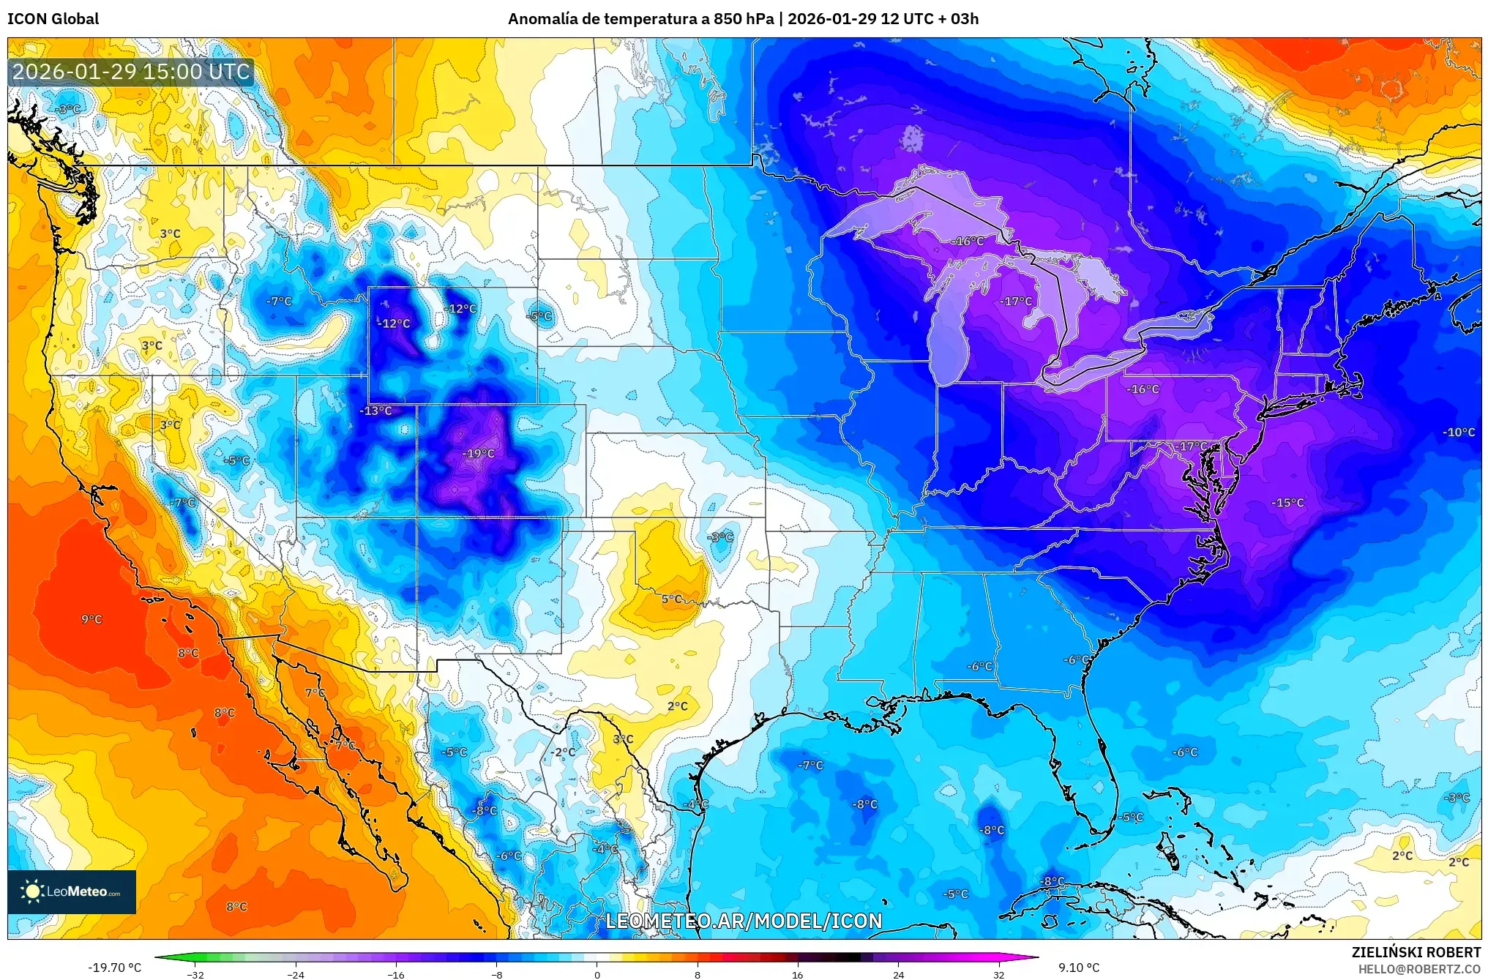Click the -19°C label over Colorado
point(479,454)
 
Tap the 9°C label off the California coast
point(91,619)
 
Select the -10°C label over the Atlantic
point(1459,433)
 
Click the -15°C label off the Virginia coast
point(1287,503)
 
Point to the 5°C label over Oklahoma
point(672,599)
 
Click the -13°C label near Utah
point(376,411)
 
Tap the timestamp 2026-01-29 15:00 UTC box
point(131,72)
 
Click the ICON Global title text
point(53,19)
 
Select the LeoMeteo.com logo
point(72,891)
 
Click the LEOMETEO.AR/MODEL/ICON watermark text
point(744,921)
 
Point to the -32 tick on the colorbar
point(195,974)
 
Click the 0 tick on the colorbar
point(597,974)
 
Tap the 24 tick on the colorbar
point(898,974)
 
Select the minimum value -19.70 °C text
point(115,968)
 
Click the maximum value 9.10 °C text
point(1079,968)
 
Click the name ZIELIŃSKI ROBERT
point(1416,952)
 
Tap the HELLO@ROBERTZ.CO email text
point(1419,969)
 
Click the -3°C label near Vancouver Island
point(68,109)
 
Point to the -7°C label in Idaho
point(279,302)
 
